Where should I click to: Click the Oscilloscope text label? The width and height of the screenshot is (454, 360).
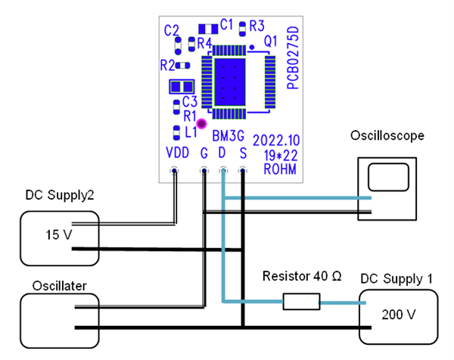(387, 135)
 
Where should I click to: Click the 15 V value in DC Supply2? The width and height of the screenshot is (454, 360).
(58, 234)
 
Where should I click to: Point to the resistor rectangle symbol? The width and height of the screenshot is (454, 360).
(301, 303)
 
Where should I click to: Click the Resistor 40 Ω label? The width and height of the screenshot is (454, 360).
(301, 277)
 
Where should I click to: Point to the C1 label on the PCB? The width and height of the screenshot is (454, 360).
(226, 25)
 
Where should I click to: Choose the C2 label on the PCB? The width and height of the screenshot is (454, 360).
(173, 30)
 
